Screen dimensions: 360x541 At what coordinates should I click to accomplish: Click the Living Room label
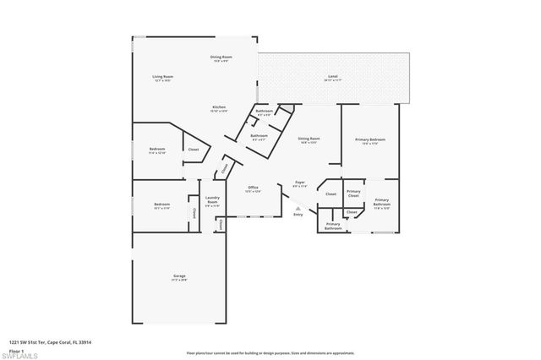click(162, 79)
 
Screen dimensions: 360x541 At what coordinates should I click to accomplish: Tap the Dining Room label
click(221, 58)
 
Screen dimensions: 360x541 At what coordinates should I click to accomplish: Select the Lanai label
click(332, 78)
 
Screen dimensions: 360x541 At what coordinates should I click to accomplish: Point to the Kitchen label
click(219, 108)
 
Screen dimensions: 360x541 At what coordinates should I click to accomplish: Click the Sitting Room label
click(309, 139)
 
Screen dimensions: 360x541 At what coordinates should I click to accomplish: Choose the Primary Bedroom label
click(370, 139)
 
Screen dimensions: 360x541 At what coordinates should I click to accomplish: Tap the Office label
click(253, 188)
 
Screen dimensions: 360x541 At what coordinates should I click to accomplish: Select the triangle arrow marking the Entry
click(297, 207)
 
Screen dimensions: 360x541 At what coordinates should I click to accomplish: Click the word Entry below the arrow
click(298, 215)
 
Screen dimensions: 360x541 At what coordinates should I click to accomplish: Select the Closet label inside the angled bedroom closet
click(193, 150)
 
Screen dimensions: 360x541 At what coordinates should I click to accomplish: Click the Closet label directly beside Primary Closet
click(330, 194)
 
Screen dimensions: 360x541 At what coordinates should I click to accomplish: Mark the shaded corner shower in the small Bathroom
click(287, 108)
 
